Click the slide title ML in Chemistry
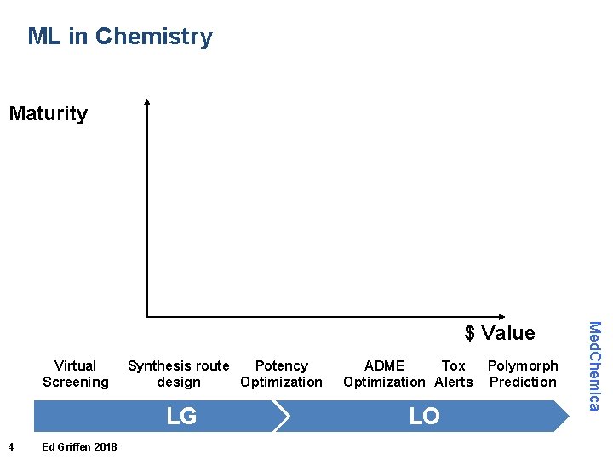tap(120, 37)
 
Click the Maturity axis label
tap(48, 113)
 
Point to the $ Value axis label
tap(500, 333)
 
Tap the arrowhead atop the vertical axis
tap(147, 103)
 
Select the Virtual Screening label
tap(76, 374)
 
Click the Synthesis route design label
tap(179, 374)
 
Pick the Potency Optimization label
tap(281, 374)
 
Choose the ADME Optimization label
tap(384, 374)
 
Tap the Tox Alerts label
tap(454, 374)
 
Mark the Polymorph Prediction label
tap(523, 374)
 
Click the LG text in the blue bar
tap(181, 416)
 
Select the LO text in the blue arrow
tap(424, 416)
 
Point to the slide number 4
tap(10, 447)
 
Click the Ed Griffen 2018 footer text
tap(79, 447)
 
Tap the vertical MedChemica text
tap(595, 365)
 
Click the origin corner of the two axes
tap(148, 316)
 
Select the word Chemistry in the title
tap(154, 37)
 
